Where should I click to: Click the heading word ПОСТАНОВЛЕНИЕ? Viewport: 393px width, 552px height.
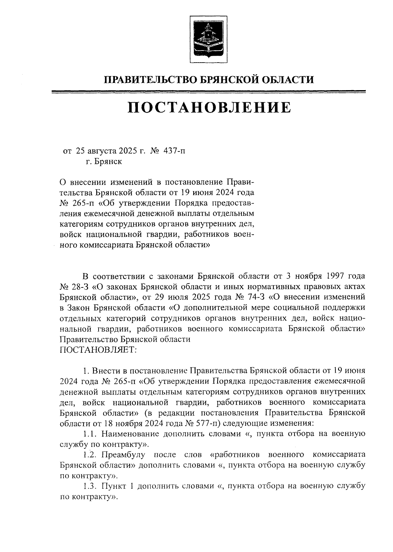pos(209,108)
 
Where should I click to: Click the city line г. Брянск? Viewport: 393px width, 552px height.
pos(104,162)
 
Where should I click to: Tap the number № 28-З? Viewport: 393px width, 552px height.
pos(75,287)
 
